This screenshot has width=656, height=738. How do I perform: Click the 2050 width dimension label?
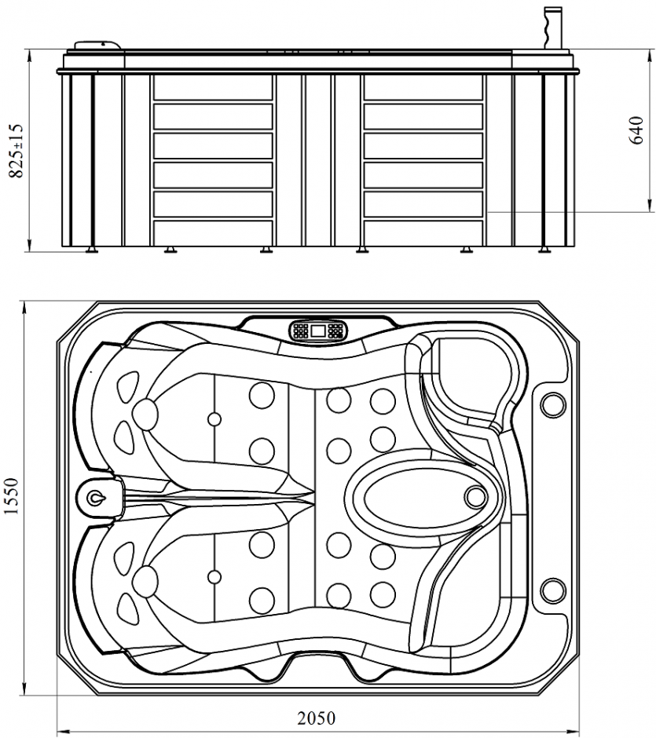point(316,718)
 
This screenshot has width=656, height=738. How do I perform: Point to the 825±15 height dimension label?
point(13,151)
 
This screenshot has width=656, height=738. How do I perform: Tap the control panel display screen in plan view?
point(318,331)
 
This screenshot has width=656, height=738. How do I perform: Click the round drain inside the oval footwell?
point(476,496)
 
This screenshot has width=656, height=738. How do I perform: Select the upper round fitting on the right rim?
point(553,404)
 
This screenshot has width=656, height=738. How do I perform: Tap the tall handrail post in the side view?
point(553,30)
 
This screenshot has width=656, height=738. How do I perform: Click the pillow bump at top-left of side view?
point(97,46)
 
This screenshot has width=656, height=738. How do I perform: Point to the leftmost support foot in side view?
point(92,250)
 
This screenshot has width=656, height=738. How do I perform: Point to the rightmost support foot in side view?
point(544,250)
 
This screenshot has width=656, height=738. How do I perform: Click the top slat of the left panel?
point(212,87)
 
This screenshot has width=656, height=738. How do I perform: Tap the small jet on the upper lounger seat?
point(214,418)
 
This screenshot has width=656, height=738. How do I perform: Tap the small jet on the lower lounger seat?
point(214,577)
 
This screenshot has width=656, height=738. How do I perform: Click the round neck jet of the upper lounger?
point(145,411)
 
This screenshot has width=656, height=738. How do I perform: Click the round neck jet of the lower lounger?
point(145,582)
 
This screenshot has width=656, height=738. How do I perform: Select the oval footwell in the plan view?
point(416,497)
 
